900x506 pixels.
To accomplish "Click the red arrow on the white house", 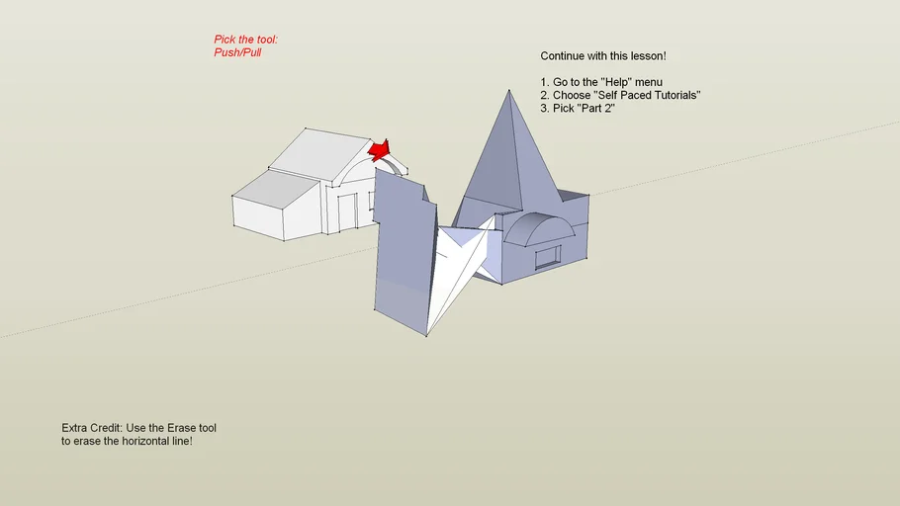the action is tap(380, 150).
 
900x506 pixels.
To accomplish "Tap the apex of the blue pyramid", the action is tap(508, 90).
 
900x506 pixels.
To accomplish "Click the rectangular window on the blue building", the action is tap(548, 258).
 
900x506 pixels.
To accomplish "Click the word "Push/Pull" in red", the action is tap(237, 52).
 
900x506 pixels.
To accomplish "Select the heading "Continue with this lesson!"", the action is tap(603, 56).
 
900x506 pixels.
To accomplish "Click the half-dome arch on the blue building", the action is tap(538, 228).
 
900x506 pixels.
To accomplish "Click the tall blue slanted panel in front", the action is tap(405, 252).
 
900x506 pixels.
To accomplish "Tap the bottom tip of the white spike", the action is tap(426, 336).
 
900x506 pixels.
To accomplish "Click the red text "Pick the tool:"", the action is tap(245, 40).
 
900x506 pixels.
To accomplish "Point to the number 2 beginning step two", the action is tap(544, 95).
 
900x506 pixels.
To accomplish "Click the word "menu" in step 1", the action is tap(648, 82).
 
